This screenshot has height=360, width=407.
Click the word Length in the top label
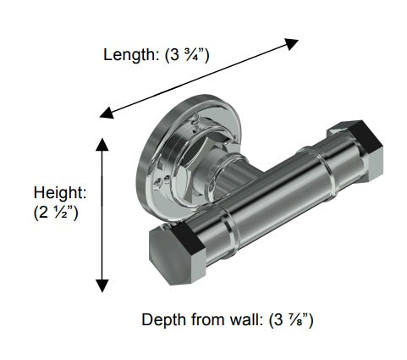pyautogui.click(x=125, y=56)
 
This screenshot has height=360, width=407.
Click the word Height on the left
pyautogui.click(x=55, y=193)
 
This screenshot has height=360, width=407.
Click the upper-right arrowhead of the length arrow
pyautogui.click(x=292, y=42)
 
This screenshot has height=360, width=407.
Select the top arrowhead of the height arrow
pyautogui.click(x=102, y=145)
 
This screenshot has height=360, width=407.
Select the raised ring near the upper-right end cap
pyautogui.click(x=322, y=157)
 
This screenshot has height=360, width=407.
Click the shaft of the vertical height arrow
pyautogui.click(x=102, y=215)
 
